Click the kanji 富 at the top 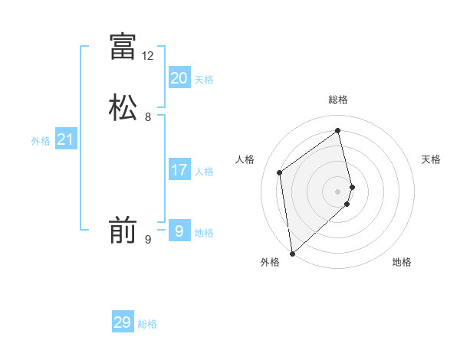pyautogui.click(x=123, y=46)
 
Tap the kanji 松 pyautogui.click(x=123, y=107)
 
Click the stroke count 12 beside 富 pyautogui.click(x=148, y=56)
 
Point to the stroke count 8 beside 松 pyautogui.click(x=148, y=117)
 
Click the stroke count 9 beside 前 pyautogui.click(x=148, y=240)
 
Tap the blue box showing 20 pyautogui.click(x=179, y=78)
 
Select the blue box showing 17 pyautogui.click(x=179, y=170)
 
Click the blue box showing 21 pyautogui.click(x=65, y=139)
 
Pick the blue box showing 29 pyautogui.click(x=123, y=322)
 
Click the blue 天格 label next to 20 pyautogui.click(x=204, y=80)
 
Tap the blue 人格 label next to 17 pyautogui.click(x=204, y=172)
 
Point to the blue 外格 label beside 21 pyautogui.click(x=41, y=141)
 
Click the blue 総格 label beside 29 pyautogui.click(x=147, y=324)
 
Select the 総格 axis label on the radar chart pyautogui.click(x=338, y=100)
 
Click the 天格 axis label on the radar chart pyautogui.click(x=431, y=159)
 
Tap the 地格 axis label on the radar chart pyautogui.click(x=402, y=262)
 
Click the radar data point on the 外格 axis pyautogui.click(x=291, y=254)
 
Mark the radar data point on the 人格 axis pyautogui.click(x=280, y=172)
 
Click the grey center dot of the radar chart pyautogui.click(x=338, y=191)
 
